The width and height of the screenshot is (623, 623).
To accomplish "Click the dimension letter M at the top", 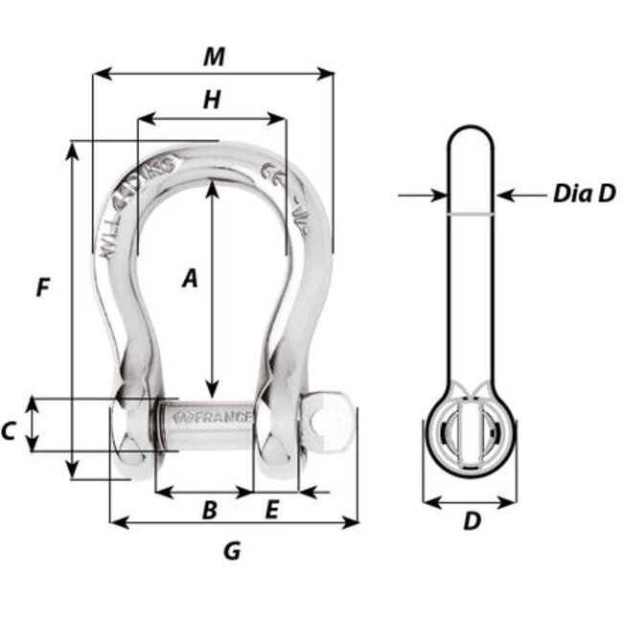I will [x=214, y=57].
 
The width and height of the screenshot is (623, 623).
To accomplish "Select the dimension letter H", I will [x=212, y=99].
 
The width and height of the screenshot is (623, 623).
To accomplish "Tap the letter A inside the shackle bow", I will [x=190, y=278].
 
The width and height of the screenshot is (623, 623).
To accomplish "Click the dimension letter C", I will [x=9, y=431].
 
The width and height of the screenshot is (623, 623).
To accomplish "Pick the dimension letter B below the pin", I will [x=210, y=511].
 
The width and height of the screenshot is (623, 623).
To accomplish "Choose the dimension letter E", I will [x=271, y=511].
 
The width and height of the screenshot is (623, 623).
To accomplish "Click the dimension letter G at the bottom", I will [x=231, y=551].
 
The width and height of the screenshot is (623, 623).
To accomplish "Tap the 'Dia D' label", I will [x=583, y=194].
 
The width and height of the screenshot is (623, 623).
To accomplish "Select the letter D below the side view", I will [x=471, y=521].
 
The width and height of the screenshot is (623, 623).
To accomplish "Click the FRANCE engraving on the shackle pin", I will [x=219, y=418].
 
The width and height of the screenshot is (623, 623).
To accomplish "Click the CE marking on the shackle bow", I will [x=271, y=174].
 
